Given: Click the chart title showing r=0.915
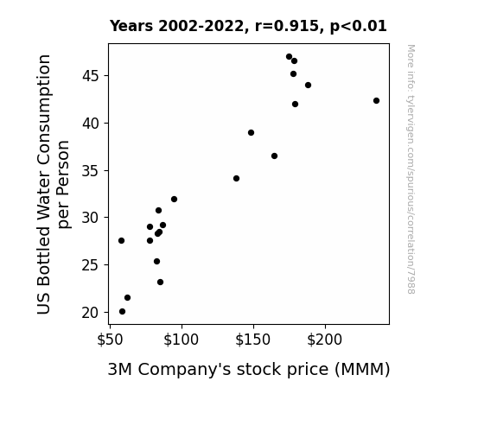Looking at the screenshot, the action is pos(248,26).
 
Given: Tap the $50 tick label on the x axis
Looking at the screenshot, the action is pos(110,340).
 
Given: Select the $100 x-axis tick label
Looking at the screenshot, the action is pos(181,340).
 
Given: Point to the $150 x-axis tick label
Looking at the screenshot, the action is pos(252,340).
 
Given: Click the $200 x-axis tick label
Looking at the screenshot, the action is pos(325,340).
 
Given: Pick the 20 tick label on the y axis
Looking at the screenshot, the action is pos(91,313).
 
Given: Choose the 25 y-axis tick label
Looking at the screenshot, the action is pos(91,265).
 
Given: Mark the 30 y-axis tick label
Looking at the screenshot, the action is pos(91,218).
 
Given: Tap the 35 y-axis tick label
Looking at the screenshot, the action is pos(91,171).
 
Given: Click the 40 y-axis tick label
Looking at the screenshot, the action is pos(91,124).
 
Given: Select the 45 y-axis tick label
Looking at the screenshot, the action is pos(91,76).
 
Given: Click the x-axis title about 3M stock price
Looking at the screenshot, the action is pos(249,370).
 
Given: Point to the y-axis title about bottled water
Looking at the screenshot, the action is pos(53,184).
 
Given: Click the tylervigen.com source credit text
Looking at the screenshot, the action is pos(411,169).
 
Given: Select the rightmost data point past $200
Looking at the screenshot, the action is pos(376,101).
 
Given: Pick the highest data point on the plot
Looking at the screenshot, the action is pos(289,57).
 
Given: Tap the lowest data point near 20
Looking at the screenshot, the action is pos(123,312).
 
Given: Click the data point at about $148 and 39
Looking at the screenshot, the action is pos(251,132).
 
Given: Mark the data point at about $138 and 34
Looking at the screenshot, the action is pos(236,179).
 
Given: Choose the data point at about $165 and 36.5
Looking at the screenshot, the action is pos(275,156).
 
